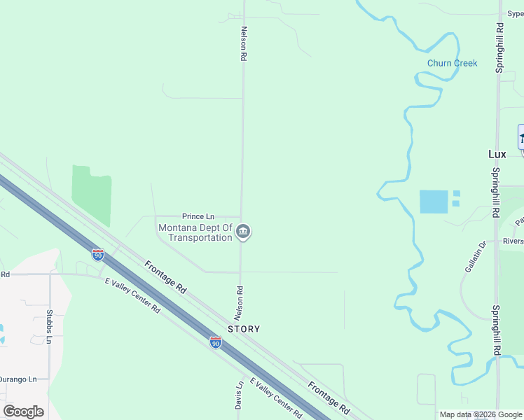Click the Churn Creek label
(x=452, y=63)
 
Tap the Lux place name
(x=497, y=154)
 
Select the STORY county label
(x=244, y=329)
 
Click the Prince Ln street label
(x=198, y=216)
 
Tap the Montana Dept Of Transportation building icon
(x=243, y=232)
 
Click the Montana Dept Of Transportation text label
(x=195, y=232)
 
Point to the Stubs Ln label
(x=49, y=326)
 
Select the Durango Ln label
(x=18, y=379)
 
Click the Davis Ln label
(x=239, y=395)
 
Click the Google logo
(x=23, y=412)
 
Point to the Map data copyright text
(x=481, y=414)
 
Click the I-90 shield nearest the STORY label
(x=216, y=342)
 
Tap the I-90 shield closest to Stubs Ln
(x=97, y=254)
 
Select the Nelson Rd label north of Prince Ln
(x=244, y=44)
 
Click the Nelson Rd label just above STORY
(x=240, y=299)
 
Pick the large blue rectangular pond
(x=434, y=202)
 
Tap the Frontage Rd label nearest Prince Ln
(x=165, y=276)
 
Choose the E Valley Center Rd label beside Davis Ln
(x=275, y=399)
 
